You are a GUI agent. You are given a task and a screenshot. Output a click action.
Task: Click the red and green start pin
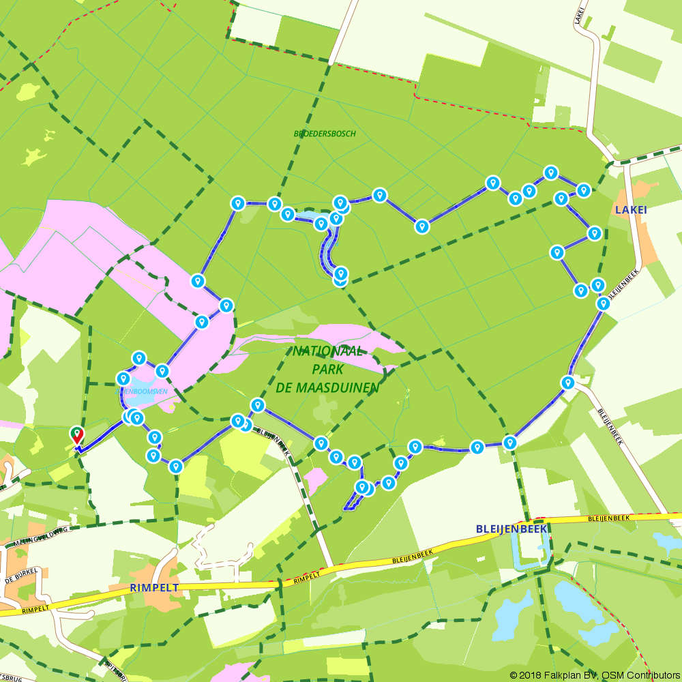77,434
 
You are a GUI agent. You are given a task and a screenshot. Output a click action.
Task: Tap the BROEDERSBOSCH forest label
325,134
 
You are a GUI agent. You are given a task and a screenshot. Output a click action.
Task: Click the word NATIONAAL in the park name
328,352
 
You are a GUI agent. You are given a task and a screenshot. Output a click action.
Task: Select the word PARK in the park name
327,370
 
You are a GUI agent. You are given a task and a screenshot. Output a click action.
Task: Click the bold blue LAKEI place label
630,209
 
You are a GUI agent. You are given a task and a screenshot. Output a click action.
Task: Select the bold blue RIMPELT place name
153,587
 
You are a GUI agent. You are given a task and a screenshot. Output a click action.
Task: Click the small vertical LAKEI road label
580,14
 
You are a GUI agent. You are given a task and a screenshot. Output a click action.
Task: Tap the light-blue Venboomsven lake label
145,391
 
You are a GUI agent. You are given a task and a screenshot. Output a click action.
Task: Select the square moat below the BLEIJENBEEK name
531,550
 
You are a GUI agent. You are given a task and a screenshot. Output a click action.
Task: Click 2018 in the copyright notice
529,675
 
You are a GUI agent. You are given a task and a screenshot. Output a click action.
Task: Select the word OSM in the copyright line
608,675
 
